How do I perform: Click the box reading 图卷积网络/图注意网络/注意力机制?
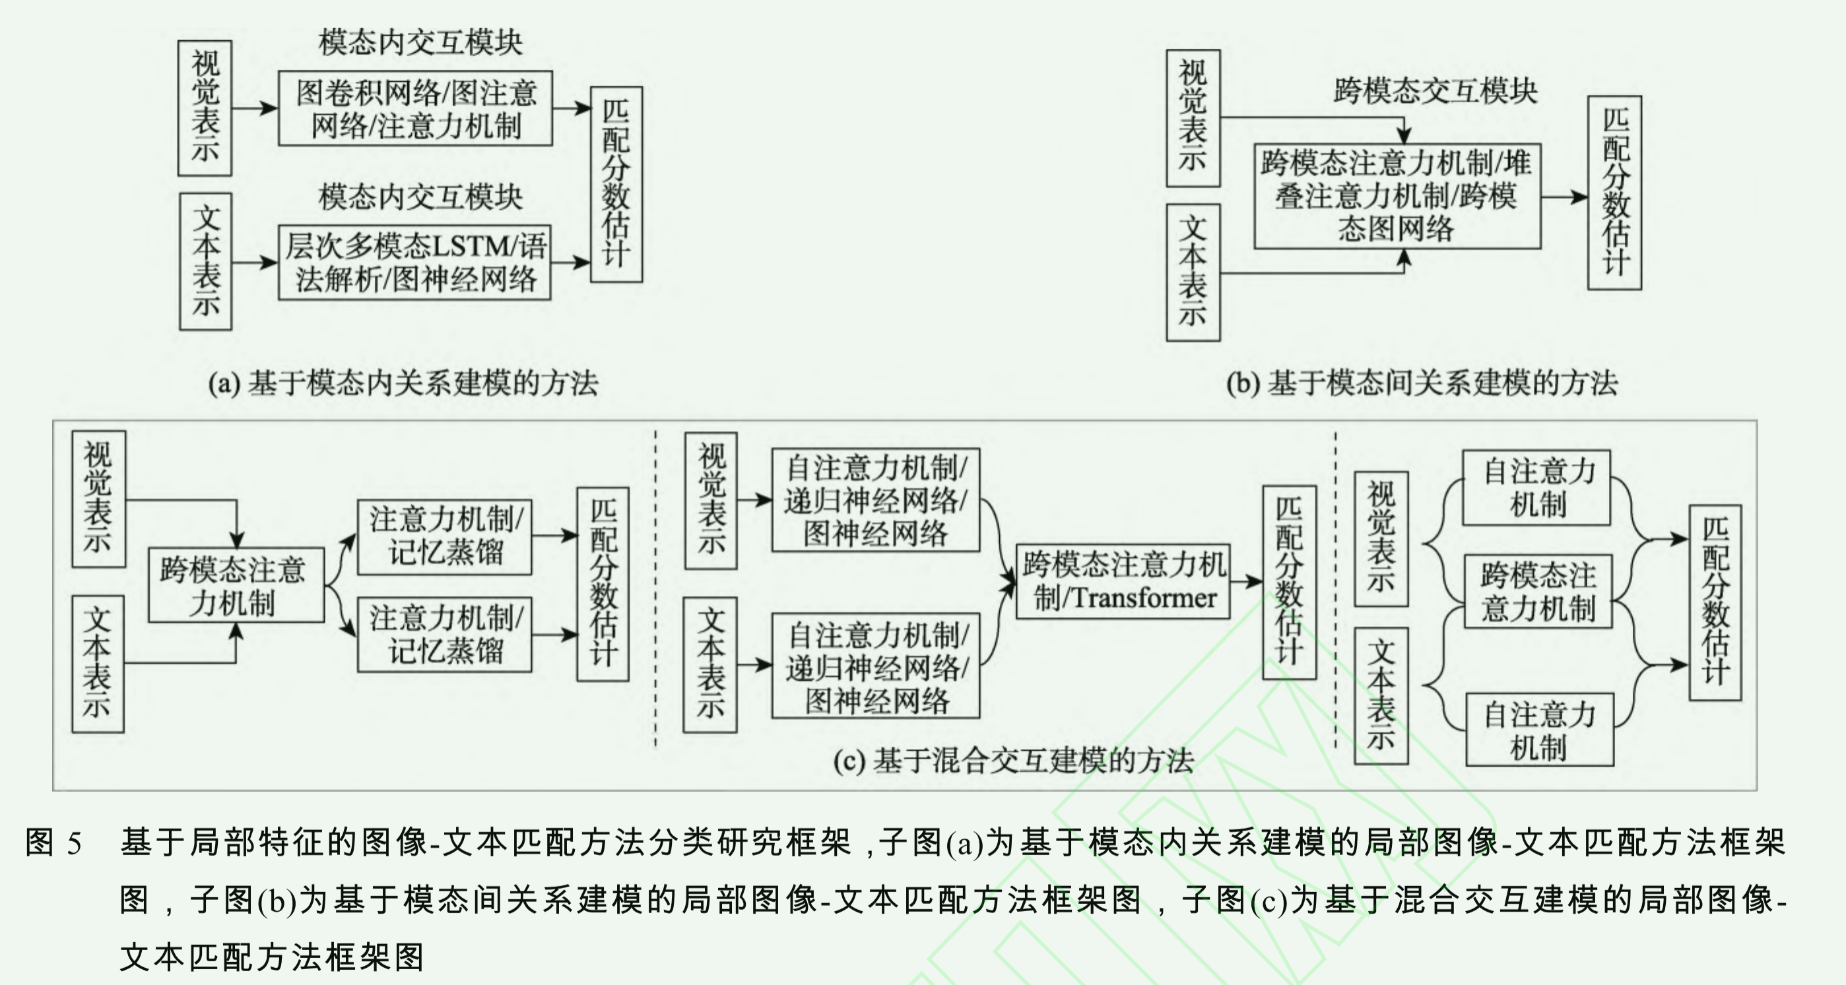click(415, 109)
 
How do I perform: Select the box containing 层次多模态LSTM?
click(415, 263)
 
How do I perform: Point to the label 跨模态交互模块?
click(1435, 91)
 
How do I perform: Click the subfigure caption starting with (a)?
click(403, 383)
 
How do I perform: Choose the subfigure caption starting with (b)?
click(1422, 383)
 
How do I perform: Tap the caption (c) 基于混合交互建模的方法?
click(1013, 761)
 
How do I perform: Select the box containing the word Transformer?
click(1123, 582)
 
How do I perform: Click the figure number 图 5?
click(53, 842)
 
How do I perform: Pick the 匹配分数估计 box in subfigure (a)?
click(616, 184)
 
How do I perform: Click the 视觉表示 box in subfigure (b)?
click(1193, 118)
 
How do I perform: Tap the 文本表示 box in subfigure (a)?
click(206, 261)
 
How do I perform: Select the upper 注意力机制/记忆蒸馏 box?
click(444, 536)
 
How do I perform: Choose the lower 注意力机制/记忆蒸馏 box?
click(444, 635)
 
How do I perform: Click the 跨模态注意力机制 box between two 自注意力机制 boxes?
click(1538, 592)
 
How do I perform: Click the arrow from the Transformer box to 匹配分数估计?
click(1246, 582)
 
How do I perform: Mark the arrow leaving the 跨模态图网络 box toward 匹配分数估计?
click(1564, 197)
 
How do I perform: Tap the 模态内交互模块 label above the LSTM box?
click(420, 197)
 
